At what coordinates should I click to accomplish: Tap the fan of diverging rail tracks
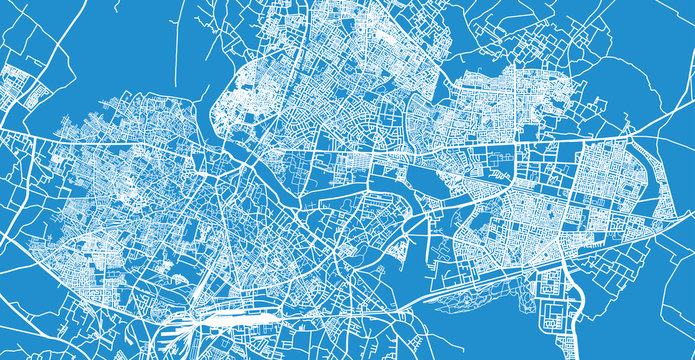180,326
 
